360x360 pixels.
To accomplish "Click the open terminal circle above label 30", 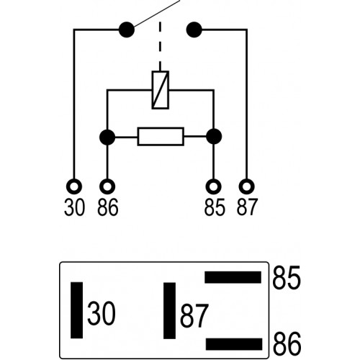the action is (74, 186).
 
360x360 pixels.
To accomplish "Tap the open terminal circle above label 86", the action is (107, 186).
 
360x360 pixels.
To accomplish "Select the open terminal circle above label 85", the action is (213, 186).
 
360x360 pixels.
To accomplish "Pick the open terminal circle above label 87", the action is (247, 186).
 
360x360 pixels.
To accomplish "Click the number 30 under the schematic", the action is (74, 207).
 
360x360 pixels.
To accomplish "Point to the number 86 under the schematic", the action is (108, 207).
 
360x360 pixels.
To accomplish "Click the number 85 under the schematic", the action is (215, 207).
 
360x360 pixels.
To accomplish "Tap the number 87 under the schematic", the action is (247, 207).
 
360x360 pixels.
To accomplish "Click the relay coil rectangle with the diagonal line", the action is (161, 90).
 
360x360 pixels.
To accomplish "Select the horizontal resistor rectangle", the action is (161, 137).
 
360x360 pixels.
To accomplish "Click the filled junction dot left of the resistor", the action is (107, 137).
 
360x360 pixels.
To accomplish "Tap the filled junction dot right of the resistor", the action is (214, 137).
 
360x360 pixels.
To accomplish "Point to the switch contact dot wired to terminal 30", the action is (127, 30).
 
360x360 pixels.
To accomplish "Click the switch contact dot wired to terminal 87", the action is (194, 30).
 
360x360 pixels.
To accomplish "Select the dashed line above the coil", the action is (160, 45).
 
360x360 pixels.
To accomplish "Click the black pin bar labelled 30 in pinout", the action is (76, 310).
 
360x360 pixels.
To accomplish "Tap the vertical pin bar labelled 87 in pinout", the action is (169, 311).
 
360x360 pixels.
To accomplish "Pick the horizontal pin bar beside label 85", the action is (233, 277).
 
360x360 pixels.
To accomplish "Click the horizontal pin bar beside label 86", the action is (234, 344).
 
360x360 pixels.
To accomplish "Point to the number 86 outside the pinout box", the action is (287, 344).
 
